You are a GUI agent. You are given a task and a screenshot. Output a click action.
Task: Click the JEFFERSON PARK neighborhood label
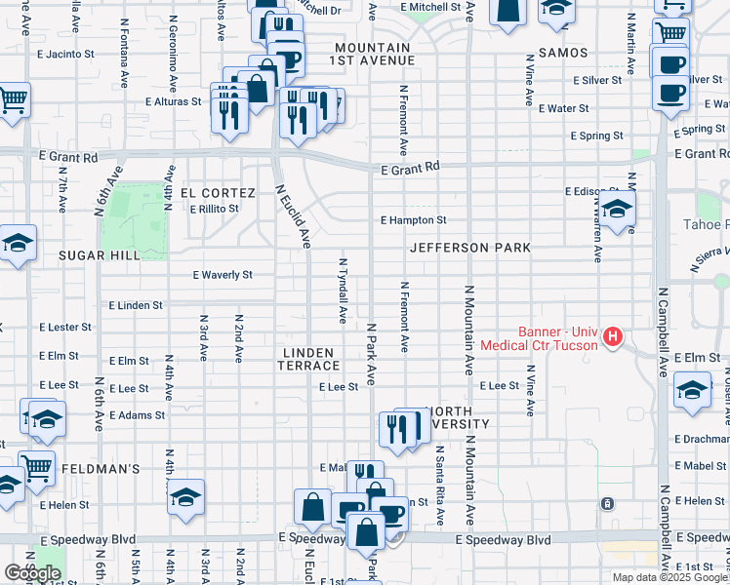point(470,248)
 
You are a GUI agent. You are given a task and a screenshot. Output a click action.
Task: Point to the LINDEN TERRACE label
point(309,359)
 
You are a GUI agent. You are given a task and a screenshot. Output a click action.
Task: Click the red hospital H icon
point(612,337)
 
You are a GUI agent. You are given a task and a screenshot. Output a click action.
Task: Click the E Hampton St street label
point(413,220)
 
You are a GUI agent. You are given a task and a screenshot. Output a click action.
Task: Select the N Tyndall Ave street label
point(343,290)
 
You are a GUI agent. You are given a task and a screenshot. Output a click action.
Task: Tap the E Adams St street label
point(137,415)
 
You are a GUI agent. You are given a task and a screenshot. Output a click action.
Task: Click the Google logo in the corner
point(32,573)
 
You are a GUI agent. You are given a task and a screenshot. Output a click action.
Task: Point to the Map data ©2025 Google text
point(669,577)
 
